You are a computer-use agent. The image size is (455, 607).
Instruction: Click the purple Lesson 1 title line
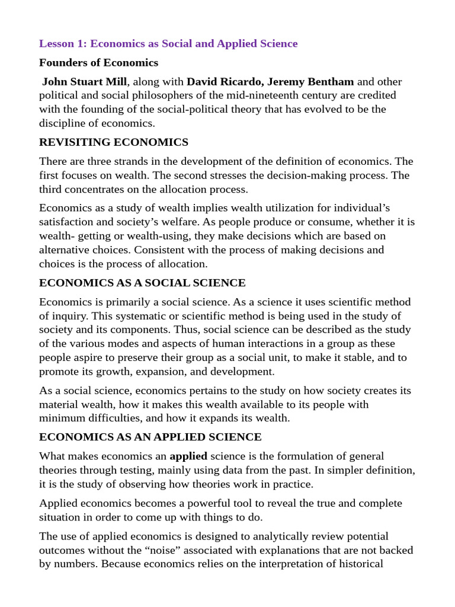pos(168,44)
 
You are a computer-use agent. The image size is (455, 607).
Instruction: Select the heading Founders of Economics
pos(98,63)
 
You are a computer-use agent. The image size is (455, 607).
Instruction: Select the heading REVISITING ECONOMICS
pos(114,142)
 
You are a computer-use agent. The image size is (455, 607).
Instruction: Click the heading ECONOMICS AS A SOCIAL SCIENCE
pos(142,283)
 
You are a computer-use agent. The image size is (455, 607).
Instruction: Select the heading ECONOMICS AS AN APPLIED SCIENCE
pos(150,437)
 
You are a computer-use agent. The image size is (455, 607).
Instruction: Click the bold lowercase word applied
pos(188,456)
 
